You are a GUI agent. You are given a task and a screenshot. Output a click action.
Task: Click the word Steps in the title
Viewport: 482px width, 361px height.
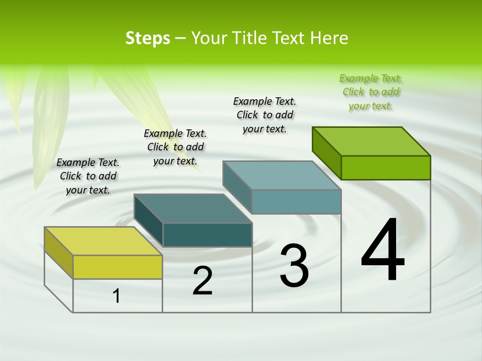pos(148,38)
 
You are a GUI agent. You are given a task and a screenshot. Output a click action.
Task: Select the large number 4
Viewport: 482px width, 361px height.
pos(383,250)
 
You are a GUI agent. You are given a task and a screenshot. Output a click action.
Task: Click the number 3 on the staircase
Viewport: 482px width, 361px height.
pos(294,266)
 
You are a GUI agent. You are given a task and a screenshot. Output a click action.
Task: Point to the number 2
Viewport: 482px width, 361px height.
pos(202,281)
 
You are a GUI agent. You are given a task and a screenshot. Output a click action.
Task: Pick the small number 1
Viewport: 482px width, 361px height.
pos(116,296)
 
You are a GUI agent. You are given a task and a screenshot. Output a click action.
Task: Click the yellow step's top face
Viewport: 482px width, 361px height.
pos(103,241)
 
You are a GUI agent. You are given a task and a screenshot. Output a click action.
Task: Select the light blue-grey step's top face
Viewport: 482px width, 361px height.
pos(282,175)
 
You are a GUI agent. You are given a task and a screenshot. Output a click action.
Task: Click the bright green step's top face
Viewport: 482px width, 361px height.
pos(371,141)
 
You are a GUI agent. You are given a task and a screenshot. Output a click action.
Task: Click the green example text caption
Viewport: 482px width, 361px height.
pos(371,92)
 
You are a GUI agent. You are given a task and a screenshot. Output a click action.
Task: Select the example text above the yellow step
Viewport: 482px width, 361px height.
pos(88,176)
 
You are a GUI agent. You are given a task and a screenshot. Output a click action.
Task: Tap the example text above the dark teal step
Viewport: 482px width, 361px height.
pos(175,147)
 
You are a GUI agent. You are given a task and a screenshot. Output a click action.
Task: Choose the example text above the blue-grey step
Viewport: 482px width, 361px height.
pos(265,115)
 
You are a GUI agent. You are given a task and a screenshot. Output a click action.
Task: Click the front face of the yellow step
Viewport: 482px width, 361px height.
pos(117,267)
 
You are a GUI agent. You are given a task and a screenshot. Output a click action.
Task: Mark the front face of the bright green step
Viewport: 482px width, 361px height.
pos(386,167)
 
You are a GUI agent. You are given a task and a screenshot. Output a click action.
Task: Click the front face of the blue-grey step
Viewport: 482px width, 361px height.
pos(296,202)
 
